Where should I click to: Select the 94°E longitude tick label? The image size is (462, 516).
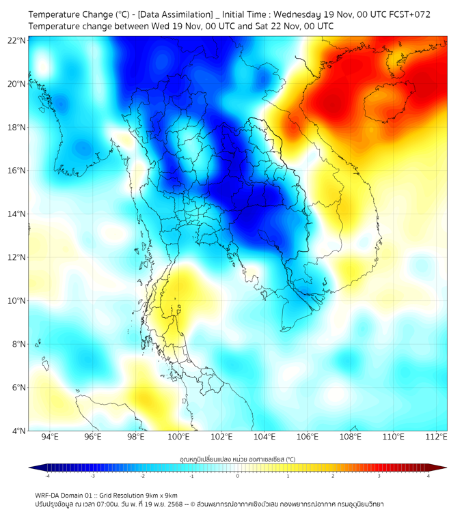coord(50,438)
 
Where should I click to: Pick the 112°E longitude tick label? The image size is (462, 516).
coord(436,438)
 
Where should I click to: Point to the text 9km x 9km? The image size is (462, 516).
coord(161,495)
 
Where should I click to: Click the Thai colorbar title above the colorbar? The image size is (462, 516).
coord(237,459)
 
